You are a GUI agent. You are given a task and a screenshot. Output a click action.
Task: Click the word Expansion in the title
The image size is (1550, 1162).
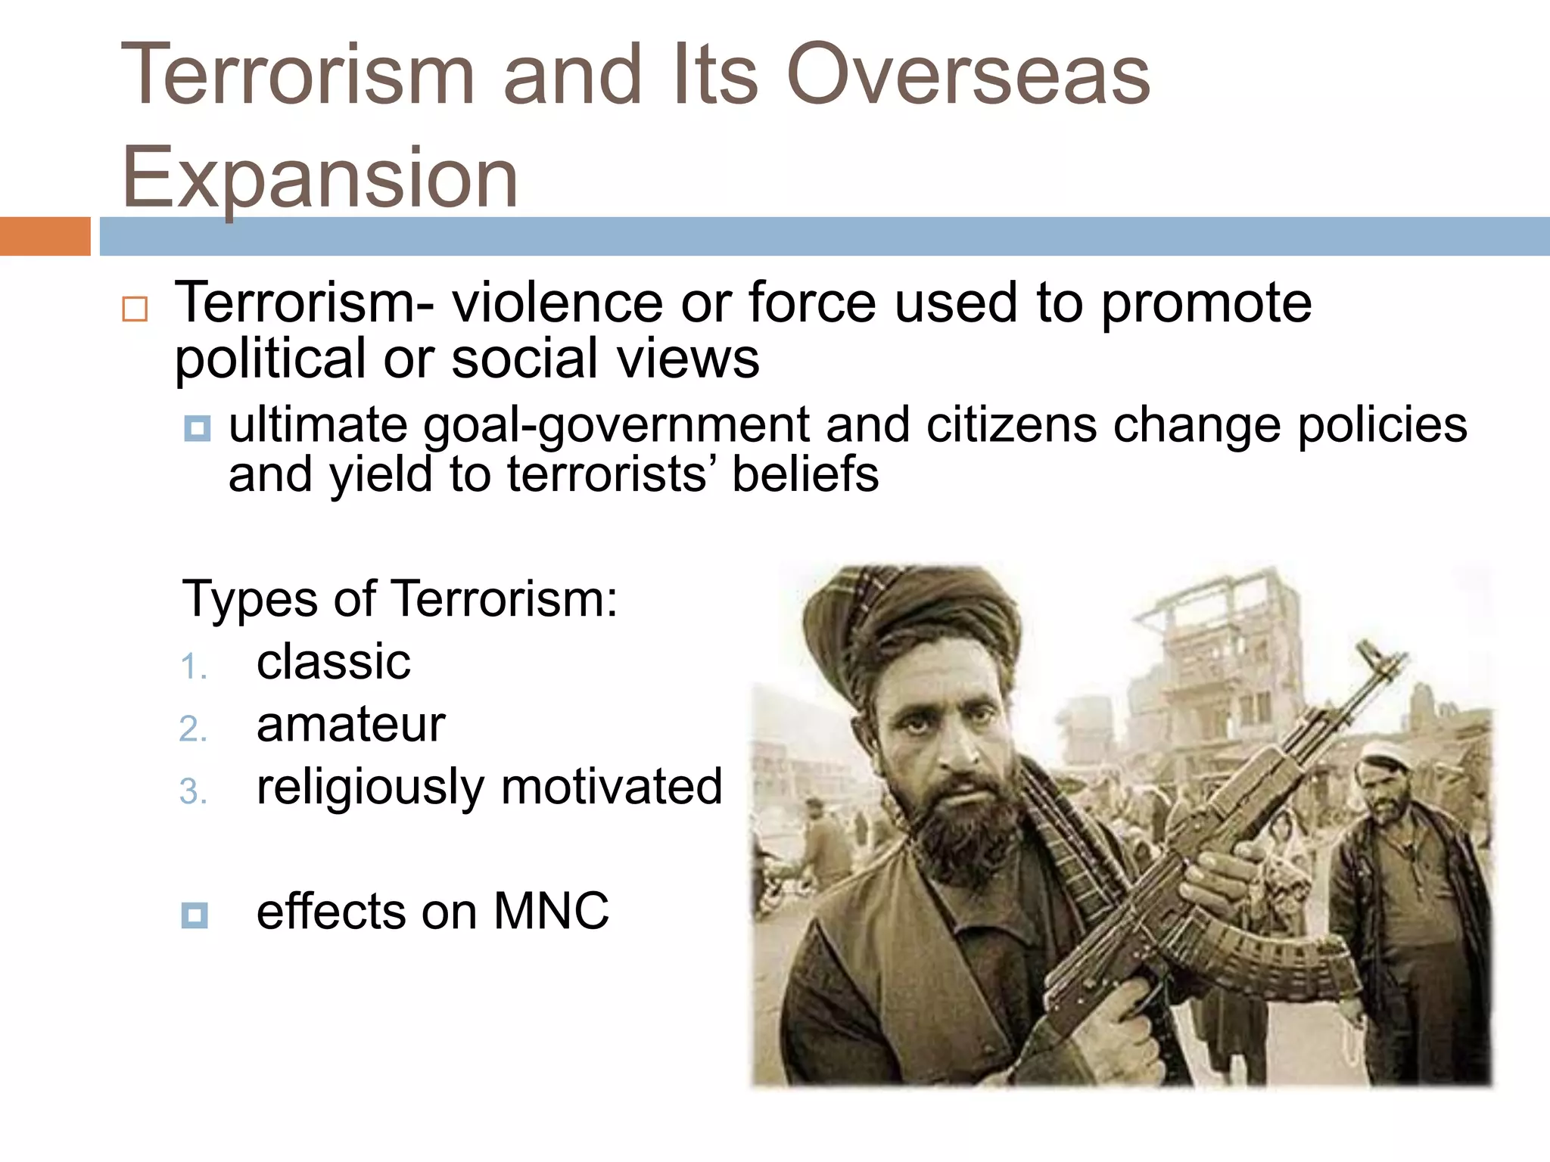pos(319,179)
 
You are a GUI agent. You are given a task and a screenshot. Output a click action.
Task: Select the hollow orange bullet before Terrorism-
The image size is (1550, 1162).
pos(135,309)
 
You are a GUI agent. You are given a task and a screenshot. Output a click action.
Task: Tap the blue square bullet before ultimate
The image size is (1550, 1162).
pos(197,429)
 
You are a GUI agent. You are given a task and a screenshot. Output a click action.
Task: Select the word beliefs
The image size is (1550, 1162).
pos(805,474)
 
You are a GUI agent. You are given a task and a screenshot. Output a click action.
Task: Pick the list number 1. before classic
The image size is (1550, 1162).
pos(194,667)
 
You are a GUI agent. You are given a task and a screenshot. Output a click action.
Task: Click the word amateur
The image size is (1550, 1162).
pos(350,725)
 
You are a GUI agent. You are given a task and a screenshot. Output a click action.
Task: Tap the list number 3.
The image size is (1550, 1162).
pos(194,792)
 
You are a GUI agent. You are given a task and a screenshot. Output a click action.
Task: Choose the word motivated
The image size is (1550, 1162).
pos(612,787)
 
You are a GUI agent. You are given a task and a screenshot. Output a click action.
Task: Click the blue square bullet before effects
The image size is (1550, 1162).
pos(195,915)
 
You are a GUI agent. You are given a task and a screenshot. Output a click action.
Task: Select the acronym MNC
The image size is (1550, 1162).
pos(551,911)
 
